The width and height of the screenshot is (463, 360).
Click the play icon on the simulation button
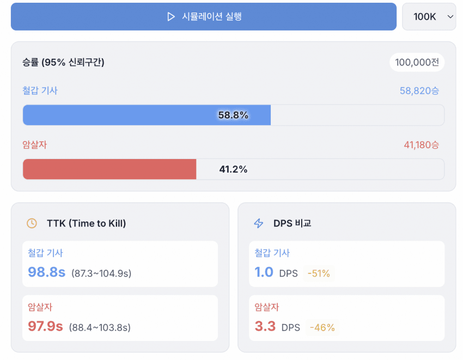point(171,17)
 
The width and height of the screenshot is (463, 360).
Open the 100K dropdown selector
point(429,17)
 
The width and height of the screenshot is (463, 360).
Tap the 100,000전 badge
point(417,63)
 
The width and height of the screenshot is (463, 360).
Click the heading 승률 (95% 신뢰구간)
point(63,63)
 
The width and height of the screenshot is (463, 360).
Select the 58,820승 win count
point(419,91)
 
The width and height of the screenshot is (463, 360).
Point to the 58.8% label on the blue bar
point(233,115)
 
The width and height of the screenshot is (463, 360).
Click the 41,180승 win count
point(421,145)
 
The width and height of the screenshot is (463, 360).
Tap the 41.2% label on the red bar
point(233,169)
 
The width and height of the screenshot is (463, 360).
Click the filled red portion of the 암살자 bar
point(109,169)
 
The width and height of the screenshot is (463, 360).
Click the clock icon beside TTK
point(32,223)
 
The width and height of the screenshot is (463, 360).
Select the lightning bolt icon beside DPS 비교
point(259,223)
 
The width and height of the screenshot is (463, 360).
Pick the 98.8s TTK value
point(46,272)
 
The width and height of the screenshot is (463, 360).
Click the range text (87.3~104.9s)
point(101,273)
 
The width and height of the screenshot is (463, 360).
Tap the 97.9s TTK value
point(45,327)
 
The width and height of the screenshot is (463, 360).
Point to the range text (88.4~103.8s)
point(100,327)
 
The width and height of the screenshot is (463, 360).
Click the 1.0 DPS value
point(264,272)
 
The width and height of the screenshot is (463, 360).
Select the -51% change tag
point(319,273)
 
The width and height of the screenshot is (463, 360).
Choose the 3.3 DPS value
point(265,327)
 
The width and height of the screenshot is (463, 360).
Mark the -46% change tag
point(322,328)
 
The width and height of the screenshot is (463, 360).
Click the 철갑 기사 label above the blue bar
point(40,91)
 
